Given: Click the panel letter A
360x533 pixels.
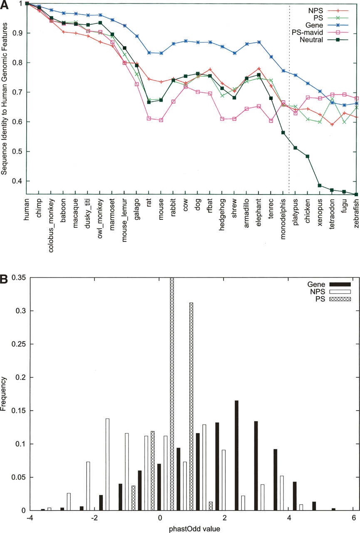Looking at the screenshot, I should click(4, 4).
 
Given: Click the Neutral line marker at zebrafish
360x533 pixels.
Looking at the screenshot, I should click(356, 194).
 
